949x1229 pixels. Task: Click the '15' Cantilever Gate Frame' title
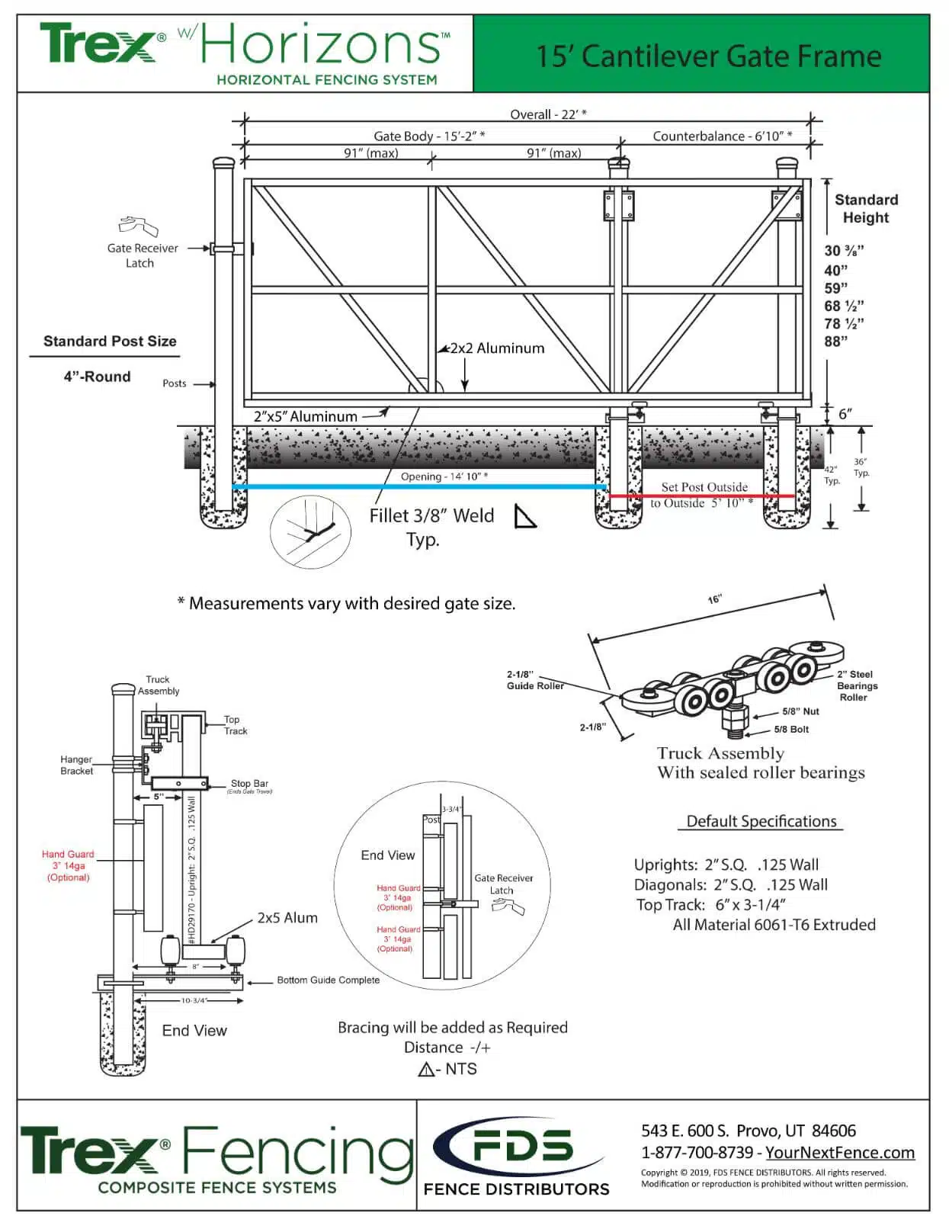(x=708, y=56)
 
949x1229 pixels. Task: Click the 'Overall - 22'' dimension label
(x=548, y=114)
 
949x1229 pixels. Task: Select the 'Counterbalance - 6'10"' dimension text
(x=722, y=136)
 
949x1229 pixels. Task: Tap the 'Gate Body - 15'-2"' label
(x=429, y=136)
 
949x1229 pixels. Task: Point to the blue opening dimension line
(x=419, y=486)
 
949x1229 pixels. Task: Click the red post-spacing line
(x=701, y=496)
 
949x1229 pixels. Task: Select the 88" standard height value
(x=835, y=342)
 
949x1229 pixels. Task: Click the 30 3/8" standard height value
(x=844, y=251)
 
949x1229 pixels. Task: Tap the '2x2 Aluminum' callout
(x=497, y=348)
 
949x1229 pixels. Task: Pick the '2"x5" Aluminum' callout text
(x=306, y=417)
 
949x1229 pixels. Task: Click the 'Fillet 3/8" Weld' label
(x=431, y=516)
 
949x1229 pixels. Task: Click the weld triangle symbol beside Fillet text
(x=524, y=517)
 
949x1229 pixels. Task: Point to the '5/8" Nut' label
(x=800, y=711)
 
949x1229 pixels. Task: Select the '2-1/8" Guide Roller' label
(x=534, y=680)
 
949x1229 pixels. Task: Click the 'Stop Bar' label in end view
(x=249, y=784)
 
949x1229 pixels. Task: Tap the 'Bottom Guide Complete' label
(x=328, y=980)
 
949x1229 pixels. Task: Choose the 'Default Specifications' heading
(x=761, y=821)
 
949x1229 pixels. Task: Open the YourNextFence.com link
(x=839, y=1153)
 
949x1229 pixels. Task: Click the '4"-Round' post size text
(x=97, y=377)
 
